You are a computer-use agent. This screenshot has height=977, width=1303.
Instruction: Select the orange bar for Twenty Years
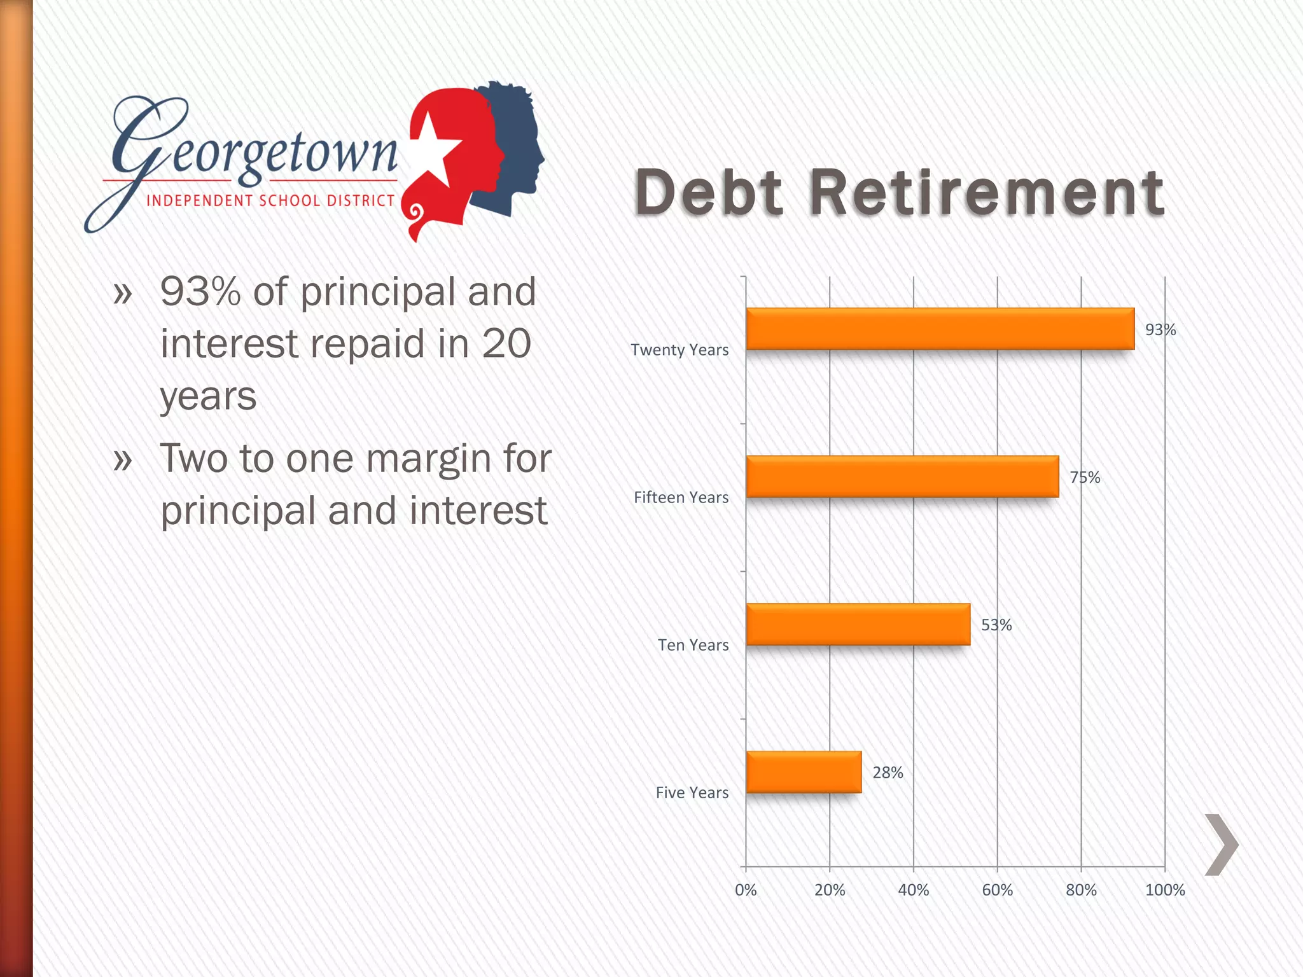pos(940,329)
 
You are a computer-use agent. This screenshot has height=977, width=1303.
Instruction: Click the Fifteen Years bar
pos(902,476)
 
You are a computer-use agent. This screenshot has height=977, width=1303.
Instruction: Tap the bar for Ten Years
pos(858,624)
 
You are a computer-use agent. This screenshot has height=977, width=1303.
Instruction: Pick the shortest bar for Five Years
pos(804,772)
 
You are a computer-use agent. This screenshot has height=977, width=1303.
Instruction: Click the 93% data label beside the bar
pos(1160,329)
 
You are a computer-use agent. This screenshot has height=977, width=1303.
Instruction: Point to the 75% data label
pos(1085,477)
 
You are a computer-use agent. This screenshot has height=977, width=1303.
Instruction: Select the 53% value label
pos(996,625)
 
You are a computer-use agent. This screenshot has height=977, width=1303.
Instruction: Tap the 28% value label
pos(888,772)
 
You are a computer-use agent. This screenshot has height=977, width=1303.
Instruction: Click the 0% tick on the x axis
pos(746,890)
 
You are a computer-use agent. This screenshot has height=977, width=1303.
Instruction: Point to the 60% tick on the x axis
pos(997,890)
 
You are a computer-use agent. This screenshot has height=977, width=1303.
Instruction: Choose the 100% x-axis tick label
pos(1165,890)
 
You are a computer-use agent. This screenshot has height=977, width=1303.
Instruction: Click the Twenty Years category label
pos(679,350)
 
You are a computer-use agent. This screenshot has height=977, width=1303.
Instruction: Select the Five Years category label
pos(692,793)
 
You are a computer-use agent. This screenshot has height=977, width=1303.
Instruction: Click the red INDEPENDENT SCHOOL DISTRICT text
pos(270,200)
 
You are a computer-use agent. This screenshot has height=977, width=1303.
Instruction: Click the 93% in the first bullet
pos(200,291)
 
